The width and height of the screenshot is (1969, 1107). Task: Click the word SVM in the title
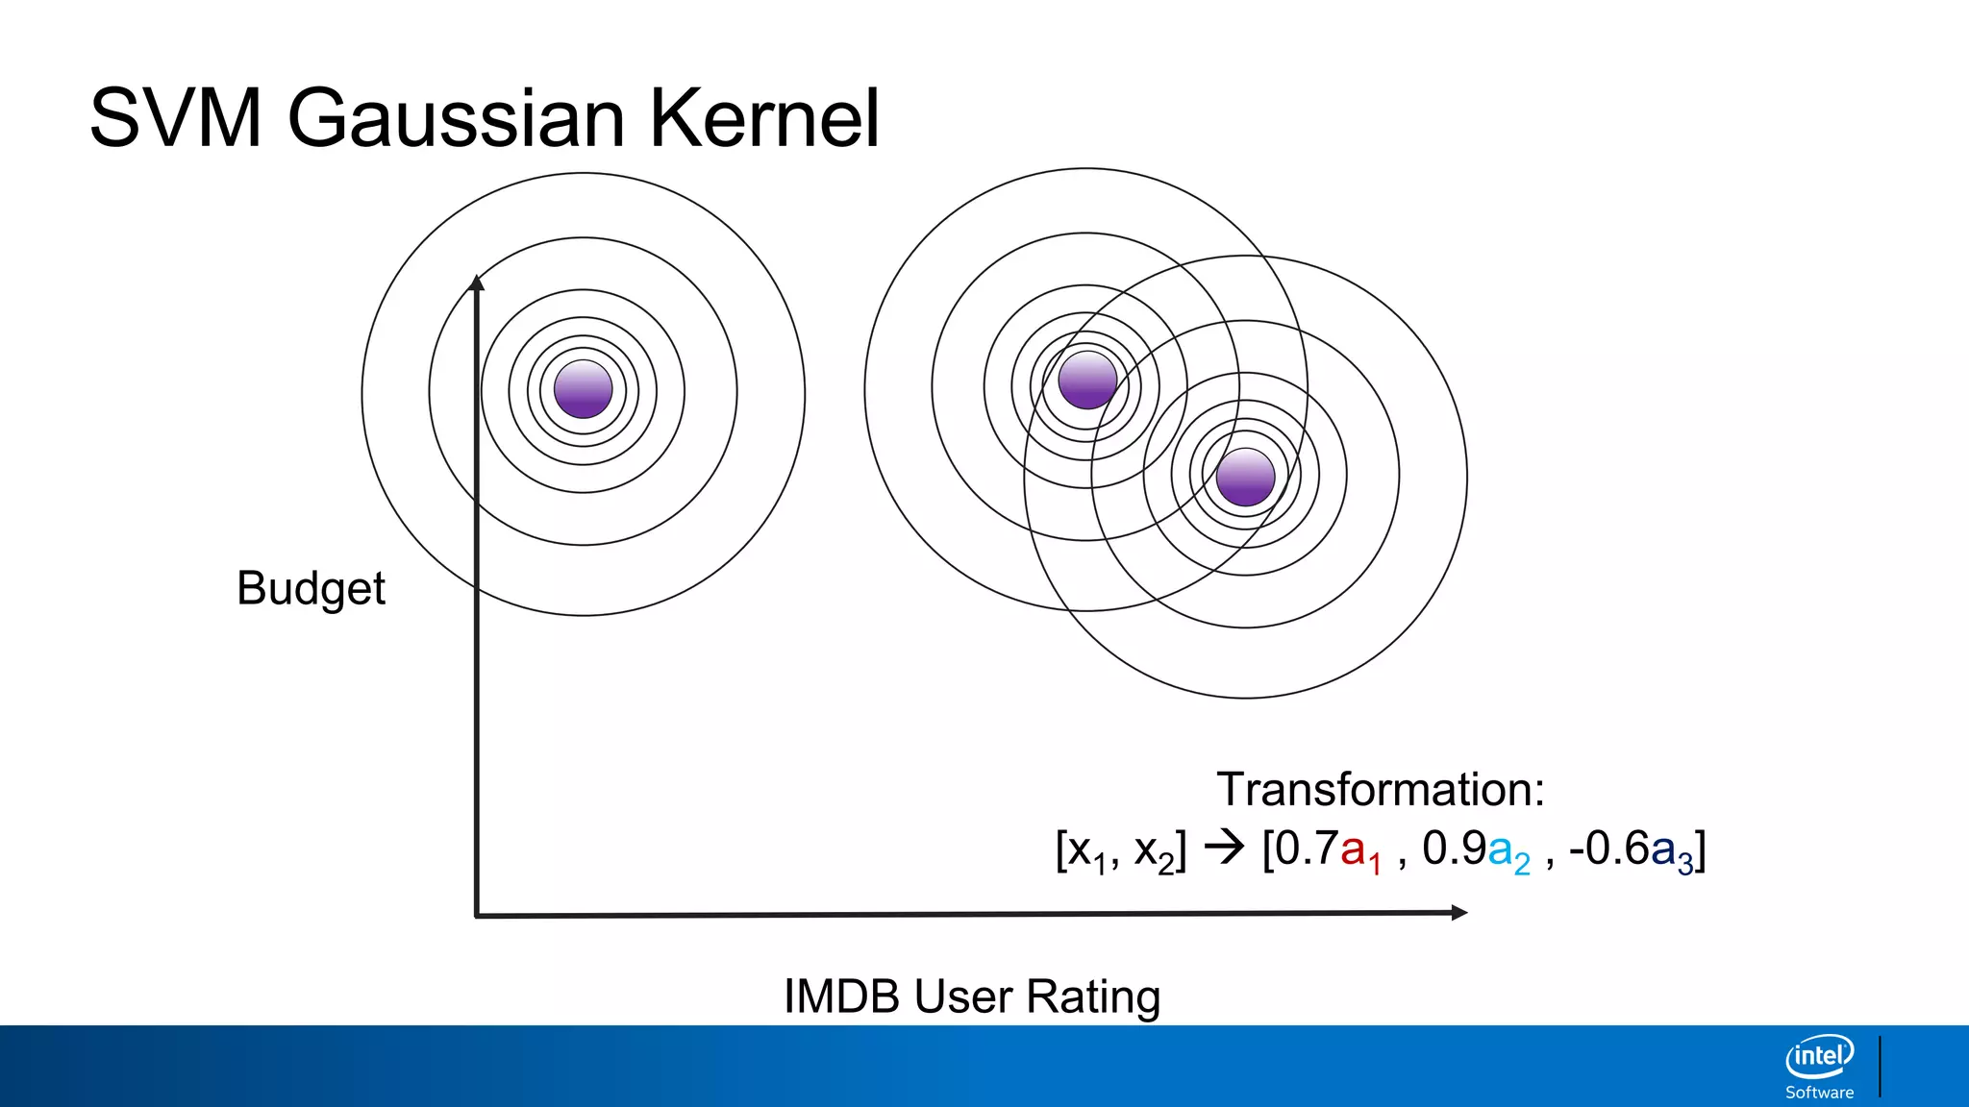point(175,119)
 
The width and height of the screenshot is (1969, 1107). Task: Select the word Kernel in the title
point(764,119)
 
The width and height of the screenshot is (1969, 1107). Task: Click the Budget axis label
point(311,588)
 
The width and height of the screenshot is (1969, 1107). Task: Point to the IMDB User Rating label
point(971,996)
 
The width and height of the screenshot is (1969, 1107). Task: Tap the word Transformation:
point(1380,790)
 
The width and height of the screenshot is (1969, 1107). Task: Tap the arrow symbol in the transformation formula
point(1224,848)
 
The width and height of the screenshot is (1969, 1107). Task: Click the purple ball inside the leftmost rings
point(583,389)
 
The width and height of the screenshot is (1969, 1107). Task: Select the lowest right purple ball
point(1245,477)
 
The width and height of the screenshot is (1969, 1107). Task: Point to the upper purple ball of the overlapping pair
point(1086,380)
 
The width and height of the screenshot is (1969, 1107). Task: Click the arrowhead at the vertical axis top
point(476,282)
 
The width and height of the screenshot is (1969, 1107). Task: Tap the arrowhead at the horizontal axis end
point(1458,912)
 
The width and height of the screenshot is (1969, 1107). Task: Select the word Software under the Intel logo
point(1819,1093)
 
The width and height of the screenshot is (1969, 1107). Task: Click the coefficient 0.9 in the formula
point(1453,849)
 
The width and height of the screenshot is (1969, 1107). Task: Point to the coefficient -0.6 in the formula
point(1608,849)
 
